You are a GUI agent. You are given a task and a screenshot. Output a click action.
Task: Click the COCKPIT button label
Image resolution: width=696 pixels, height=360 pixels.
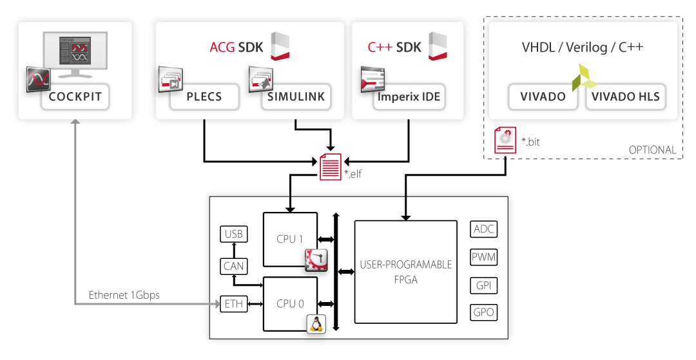(x=75, y=97)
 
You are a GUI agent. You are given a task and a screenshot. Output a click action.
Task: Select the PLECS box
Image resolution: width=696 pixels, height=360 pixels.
(x=204, y=97)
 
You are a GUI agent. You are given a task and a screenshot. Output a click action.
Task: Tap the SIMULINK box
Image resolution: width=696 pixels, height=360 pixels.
(x=296, y=97)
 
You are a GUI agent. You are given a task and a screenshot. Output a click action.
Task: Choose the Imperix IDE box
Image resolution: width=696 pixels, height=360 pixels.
(x=409, y=97)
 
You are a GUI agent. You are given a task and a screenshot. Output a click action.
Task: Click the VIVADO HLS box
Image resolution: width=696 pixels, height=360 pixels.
(x=625, y=97)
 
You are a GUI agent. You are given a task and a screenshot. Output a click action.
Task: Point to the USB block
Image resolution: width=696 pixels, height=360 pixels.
(x=233, y=234)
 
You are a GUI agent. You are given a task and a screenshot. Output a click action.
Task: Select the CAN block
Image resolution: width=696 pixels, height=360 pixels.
(x=233, y=265)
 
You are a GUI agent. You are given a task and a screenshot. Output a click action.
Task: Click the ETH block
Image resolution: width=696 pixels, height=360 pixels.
(x=233, y=303)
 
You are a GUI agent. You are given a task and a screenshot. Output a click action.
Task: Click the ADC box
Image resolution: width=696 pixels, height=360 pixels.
(x=484, y=229)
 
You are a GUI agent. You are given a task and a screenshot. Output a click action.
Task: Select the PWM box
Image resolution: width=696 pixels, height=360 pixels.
(x=484, y=258)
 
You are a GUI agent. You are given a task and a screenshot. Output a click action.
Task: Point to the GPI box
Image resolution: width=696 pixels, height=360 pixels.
(x=484, y=285)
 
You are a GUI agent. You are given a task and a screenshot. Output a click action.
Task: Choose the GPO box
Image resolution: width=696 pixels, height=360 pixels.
(x=484, y=312)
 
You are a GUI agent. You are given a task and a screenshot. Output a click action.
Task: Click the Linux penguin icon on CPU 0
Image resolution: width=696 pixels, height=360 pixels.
(x=316, y=323)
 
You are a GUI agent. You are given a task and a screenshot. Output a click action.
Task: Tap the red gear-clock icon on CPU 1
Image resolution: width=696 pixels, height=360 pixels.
(x=316, y=259)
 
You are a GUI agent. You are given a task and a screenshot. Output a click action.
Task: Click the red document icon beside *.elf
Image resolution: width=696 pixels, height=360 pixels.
(x=331, y=167)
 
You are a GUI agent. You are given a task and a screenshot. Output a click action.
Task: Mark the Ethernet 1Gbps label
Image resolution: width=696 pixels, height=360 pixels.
(x=124, y=295)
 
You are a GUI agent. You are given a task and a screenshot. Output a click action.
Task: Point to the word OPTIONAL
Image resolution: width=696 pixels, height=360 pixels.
(x=652, y=150)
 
